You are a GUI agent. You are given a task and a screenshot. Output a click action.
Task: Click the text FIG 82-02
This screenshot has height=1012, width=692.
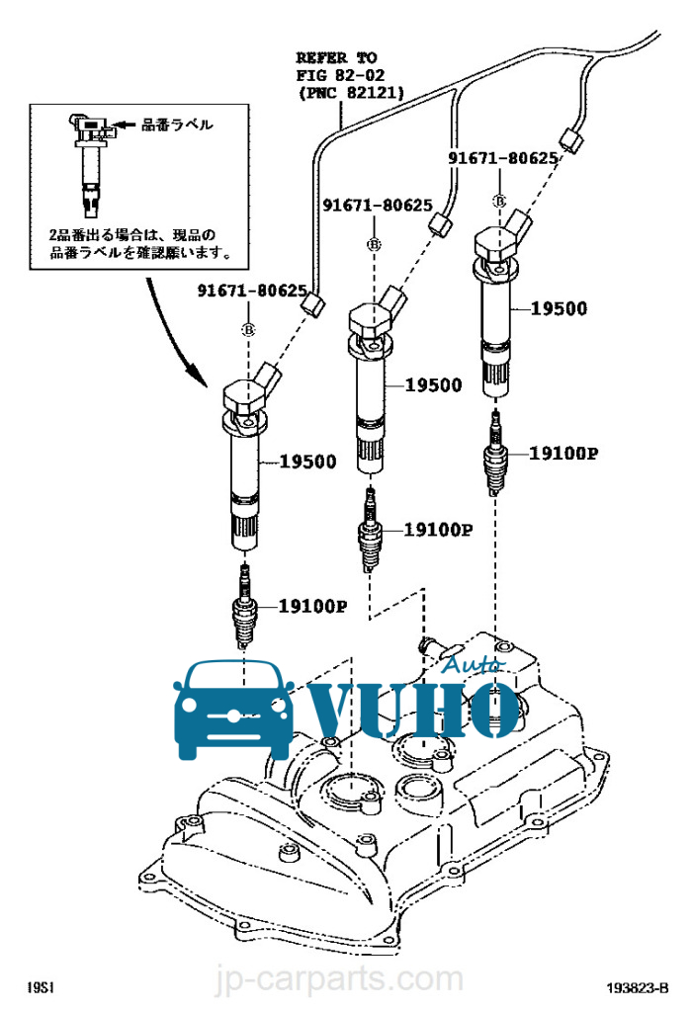(340, 75)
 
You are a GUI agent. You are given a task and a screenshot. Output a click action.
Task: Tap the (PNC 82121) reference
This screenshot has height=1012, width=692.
(352, 92)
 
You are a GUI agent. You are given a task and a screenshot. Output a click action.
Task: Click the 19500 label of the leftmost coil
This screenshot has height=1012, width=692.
(307, 462)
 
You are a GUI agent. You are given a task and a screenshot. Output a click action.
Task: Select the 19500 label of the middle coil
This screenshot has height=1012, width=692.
(434, 385)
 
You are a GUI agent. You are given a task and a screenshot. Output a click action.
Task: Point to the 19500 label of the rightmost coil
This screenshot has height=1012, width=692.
(559, 308)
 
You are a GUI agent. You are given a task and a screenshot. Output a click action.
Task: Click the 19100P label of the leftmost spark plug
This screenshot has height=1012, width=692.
(313, 606)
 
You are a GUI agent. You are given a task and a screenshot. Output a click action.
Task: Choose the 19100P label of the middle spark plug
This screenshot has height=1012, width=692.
(438, 530)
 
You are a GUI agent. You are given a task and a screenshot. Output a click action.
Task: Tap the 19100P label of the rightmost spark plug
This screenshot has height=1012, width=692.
(563, 453)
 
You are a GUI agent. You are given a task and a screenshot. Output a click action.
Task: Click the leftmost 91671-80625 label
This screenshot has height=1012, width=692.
(252, 291)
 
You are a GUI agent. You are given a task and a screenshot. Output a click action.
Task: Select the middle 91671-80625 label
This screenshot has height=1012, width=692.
(378, 206)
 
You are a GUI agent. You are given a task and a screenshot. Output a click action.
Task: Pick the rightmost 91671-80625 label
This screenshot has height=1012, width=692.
(503, 157)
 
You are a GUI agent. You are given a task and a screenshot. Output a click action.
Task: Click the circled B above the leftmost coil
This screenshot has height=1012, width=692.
(248, 330)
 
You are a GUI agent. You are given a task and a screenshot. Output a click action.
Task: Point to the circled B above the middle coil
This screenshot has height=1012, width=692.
(375, 245)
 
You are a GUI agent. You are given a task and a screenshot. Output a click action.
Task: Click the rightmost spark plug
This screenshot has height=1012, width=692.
(495, 453)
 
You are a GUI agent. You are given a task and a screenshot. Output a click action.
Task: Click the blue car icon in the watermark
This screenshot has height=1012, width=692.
(233, 710)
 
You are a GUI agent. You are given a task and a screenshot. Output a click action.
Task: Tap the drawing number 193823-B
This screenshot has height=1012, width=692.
(637, 987)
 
